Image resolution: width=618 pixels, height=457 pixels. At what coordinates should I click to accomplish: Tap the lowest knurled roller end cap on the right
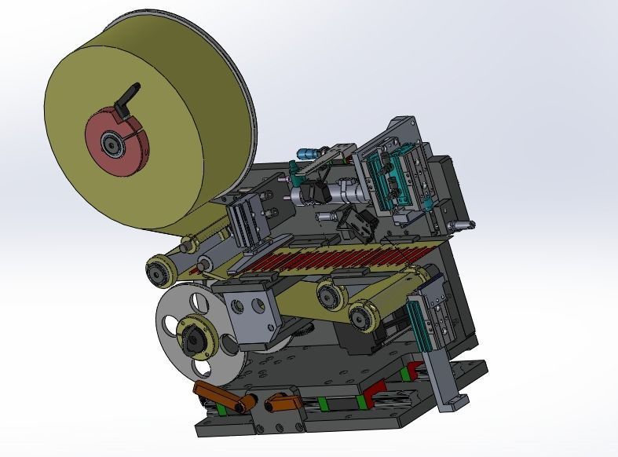click(361, 319)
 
